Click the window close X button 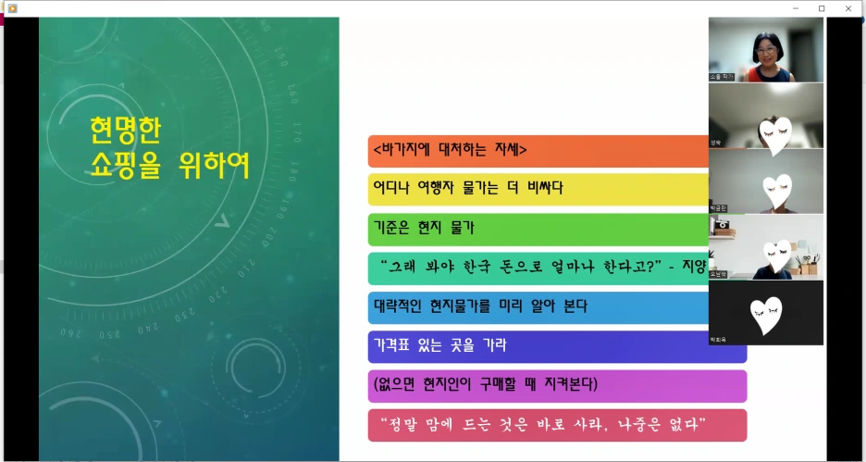848,8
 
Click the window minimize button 796,8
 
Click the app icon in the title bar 12,8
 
